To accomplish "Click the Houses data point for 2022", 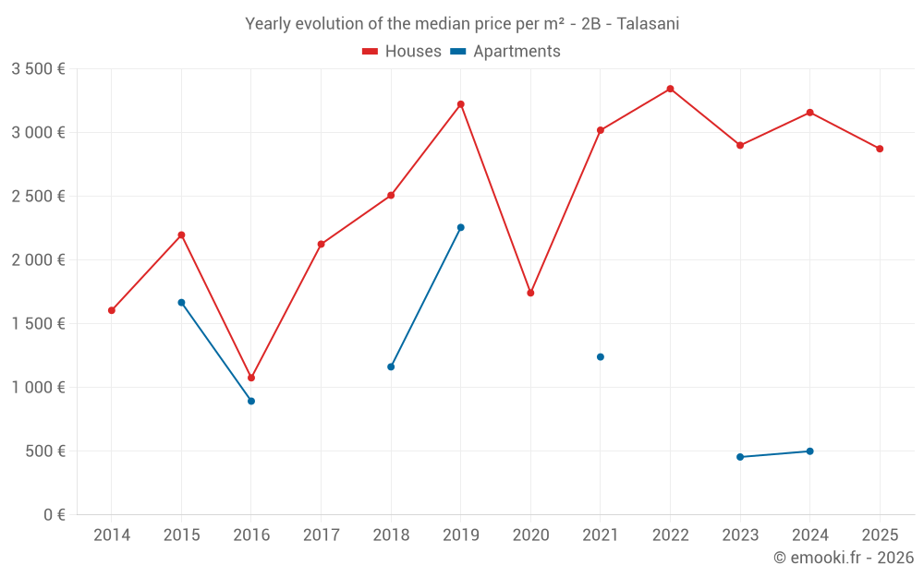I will coord(670,89).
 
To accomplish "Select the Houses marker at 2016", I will coord(251,378).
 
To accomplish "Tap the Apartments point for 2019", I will coord(461,227).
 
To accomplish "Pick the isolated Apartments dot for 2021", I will coord(601,357).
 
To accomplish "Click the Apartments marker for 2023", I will coord(740,457).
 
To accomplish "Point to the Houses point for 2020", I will coord(530,293).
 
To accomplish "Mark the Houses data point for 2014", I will coord(112,310).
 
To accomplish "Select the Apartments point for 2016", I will coord(251,401).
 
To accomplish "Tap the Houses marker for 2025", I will coord(880,149).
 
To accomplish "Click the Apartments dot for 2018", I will coord(391,367).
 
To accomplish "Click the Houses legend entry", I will coord(402,52).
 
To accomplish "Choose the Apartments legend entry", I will coord(505,52).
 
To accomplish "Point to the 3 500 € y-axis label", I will coord(38,69).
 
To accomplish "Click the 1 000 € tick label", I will coord(38,388).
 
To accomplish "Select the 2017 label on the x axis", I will coord(321,535).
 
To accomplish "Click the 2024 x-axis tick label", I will coord(809,535).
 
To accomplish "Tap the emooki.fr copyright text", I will coord(843,558).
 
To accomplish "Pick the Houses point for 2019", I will coord(461,104).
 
